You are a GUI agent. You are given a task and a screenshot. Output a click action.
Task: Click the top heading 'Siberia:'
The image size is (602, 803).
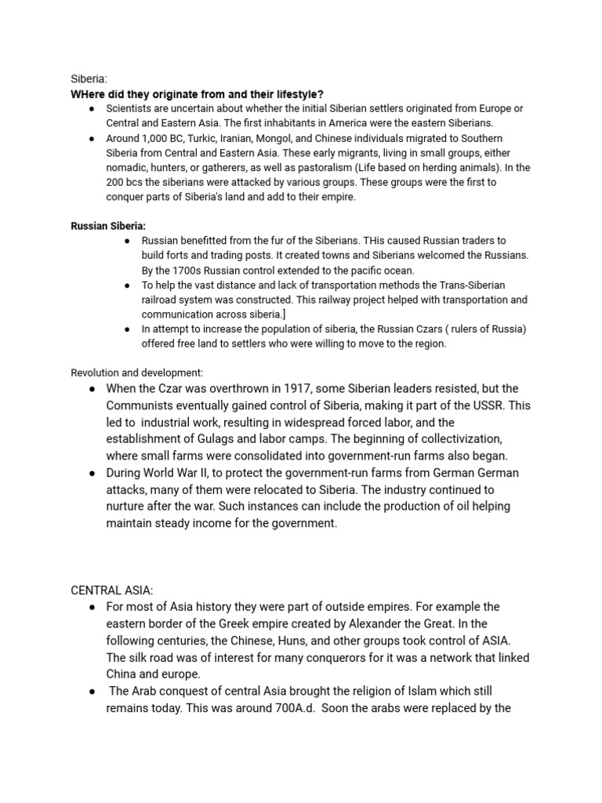pyautogui.click(x=89, y=79)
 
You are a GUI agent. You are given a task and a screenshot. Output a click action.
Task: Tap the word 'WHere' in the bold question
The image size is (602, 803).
pyautogui.click(x=86, y=94)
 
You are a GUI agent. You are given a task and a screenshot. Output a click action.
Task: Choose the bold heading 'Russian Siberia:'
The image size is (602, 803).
pyautogui.click(x=108, y=226)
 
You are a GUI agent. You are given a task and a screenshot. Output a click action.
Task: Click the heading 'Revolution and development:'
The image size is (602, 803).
pyautogui.click(x=137, y=372)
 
